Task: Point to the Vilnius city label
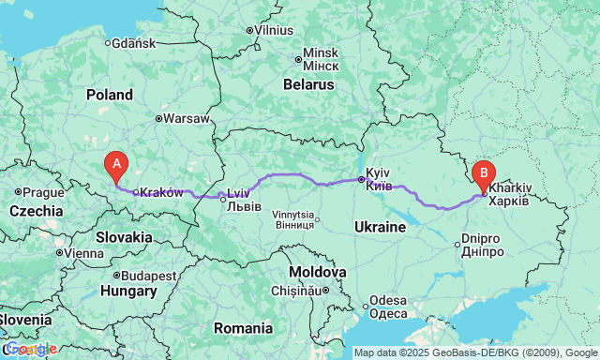click(274, 30)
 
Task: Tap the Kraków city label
click(161, 192)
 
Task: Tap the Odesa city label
click(387, 301)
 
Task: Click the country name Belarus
click(308, 84)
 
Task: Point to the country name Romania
click(243, 328)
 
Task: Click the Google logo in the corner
click(30, 349)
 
